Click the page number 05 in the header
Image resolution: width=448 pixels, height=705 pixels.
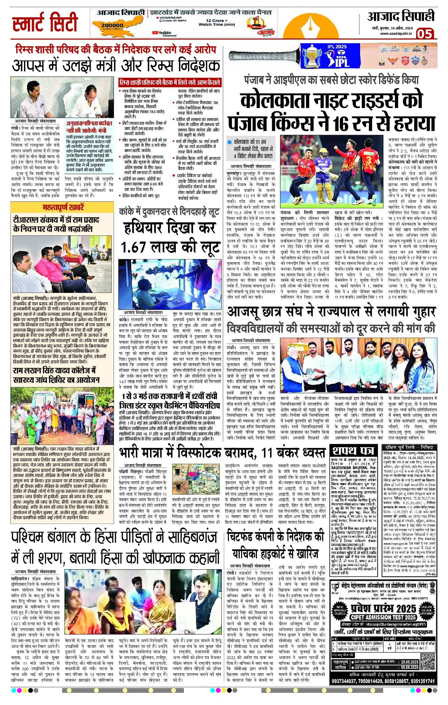tap(425, 33)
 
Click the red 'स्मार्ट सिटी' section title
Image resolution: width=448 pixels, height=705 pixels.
tap(45, 23)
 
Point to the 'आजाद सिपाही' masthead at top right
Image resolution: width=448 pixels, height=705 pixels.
tap(401, 17)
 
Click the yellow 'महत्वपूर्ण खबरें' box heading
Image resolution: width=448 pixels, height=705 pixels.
tap(63, 207)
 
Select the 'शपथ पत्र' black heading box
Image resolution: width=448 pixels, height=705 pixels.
tap(353, 451)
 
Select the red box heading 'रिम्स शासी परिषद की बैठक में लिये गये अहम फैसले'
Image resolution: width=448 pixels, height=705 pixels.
tap(170, 82)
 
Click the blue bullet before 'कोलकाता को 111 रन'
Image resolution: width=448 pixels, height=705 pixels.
tap(230, 142)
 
